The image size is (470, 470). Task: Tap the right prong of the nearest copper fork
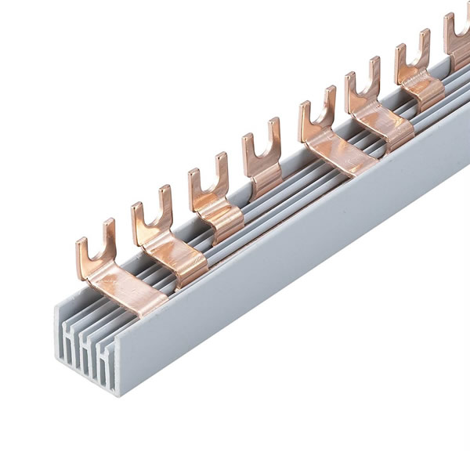(x=109, y=235)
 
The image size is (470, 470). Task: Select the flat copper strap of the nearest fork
(x=125, y=287)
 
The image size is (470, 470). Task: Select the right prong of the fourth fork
(x=274, y=133)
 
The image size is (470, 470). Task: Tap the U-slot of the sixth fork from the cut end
(x=361, y=90)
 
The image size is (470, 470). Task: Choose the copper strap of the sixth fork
(x=388, y=125)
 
